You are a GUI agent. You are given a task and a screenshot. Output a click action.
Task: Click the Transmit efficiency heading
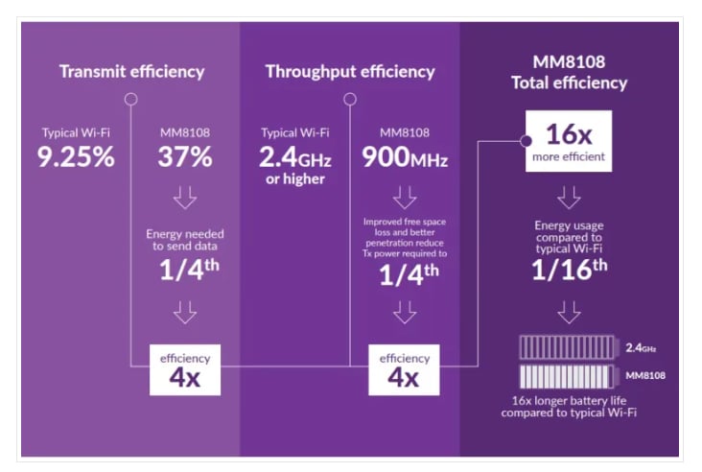click(131, 71)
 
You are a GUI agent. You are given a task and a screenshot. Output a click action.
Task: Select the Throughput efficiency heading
click(349, 71)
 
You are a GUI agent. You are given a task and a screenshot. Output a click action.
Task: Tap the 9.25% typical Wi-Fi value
click(76, 156)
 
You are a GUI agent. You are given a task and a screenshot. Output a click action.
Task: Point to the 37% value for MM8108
click(186, 156)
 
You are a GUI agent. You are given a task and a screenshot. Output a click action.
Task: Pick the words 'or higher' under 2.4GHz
click(293, 179)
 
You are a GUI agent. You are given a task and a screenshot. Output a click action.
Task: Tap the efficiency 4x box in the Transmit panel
click(185, 368)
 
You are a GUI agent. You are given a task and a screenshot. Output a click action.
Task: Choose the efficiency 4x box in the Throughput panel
click(404, 368)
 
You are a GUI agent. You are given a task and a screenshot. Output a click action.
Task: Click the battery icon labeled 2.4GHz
click(570, 348)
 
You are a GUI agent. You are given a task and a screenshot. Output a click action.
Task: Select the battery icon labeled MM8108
click(570, 372)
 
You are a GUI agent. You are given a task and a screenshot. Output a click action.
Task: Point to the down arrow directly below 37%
click(186, 198)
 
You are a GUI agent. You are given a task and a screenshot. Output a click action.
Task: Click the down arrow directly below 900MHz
click(404, 197)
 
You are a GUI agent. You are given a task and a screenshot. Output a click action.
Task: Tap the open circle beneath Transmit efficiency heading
click(131, 98)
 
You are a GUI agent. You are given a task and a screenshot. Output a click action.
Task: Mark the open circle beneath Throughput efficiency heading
click(350, 98)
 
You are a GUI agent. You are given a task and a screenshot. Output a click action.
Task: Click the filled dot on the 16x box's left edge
click(526, 141)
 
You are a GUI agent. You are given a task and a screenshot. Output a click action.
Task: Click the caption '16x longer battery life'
click(569, 404)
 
